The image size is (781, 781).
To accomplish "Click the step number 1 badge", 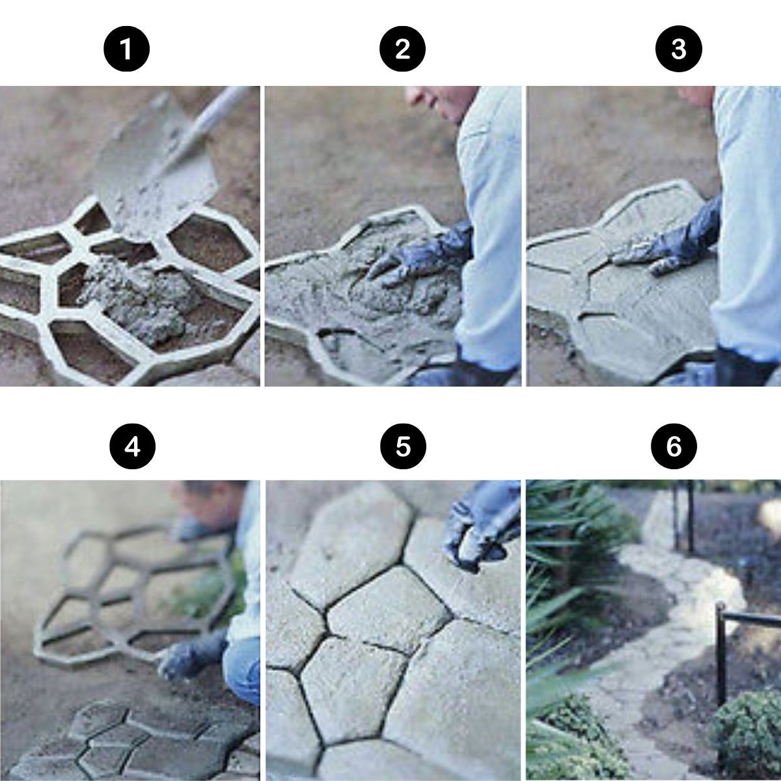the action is click(x=126, y=49).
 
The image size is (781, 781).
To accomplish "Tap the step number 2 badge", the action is click(x=402, y=49).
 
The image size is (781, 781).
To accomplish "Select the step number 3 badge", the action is click(x=678, y=49).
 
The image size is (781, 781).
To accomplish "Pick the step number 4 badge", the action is click(x=133, y=447).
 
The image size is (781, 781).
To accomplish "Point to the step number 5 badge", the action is click(x=403, y=447).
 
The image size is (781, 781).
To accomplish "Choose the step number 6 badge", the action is click(x=674, y=447).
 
